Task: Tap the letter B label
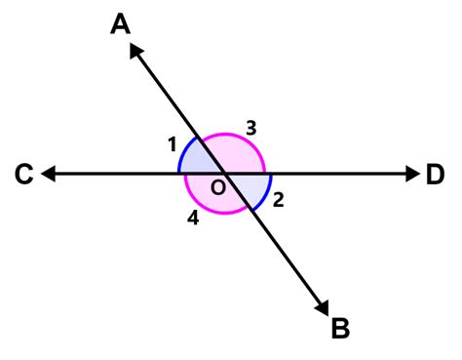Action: click(x=340, y=329)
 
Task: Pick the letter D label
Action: click(x=435, y=176)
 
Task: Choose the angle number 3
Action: click(x=250, y=127)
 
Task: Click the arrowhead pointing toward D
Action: click(x=411, y=175)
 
